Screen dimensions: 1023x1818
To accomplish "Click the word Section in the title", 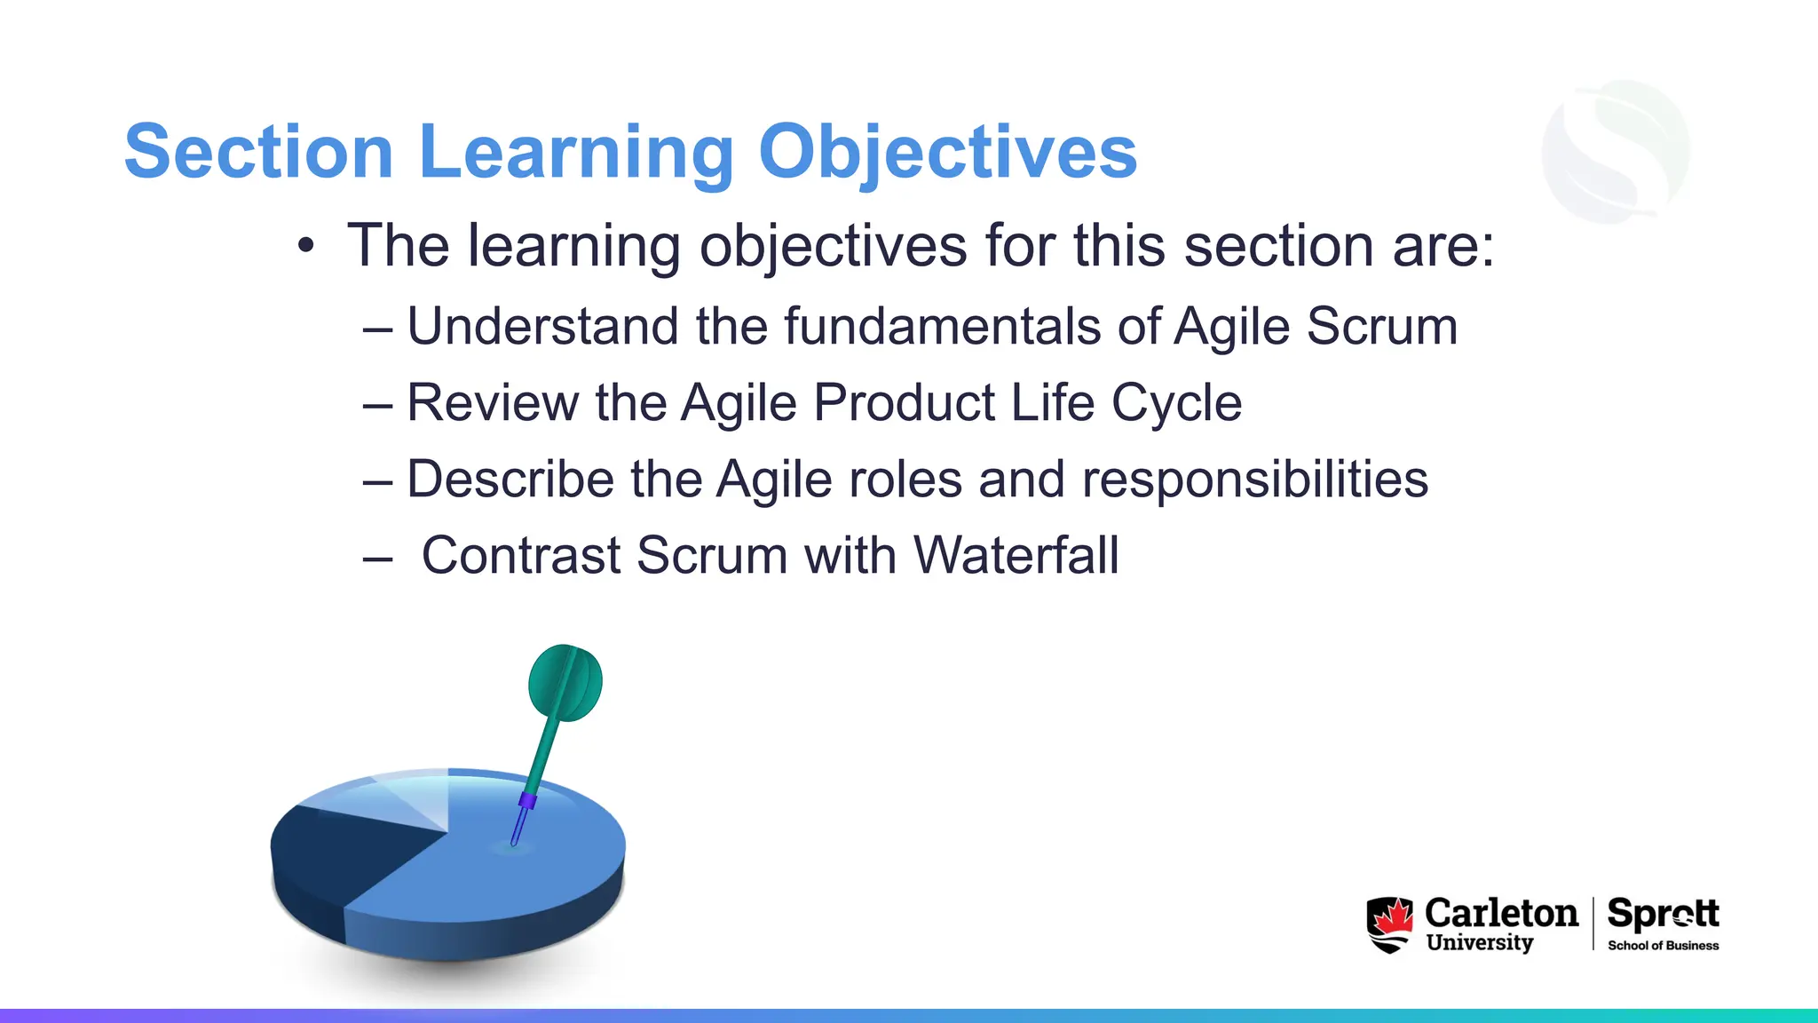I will (x=258, y=152).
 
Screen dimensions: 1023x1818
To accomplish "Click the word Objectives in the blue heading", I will (x=947, y=152).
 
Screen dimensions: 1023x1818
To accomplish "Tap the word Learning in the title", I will (x=576, y=152).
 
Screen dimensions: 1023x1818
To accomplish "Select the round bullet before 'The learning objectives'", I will (x=306, y=246).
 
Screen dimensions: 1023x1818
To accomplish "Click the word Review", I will (x=493, y=402).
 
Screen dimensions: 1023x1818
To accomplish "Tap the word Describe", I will (x=510, y=479).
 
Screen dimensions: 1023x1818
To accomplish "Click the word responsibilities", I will (x=1254, y=480).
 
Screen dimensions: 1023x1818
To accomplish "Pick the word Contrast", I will (x=521, y=555).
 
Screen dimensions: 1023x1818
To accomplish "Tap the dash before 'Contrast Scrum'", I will (x=377, y=559).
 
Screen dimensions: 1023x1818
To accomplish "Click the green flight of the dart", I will (x=565, y=682).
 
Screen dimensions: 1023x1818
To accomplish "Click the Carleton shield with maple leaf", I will (x=1389, y=924).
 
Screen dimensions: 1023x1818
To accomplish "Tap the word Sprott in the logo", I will (x=1663, y=914).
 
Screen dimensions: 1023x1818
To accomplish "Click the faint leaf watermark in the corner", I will (x=1616, y=151).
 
